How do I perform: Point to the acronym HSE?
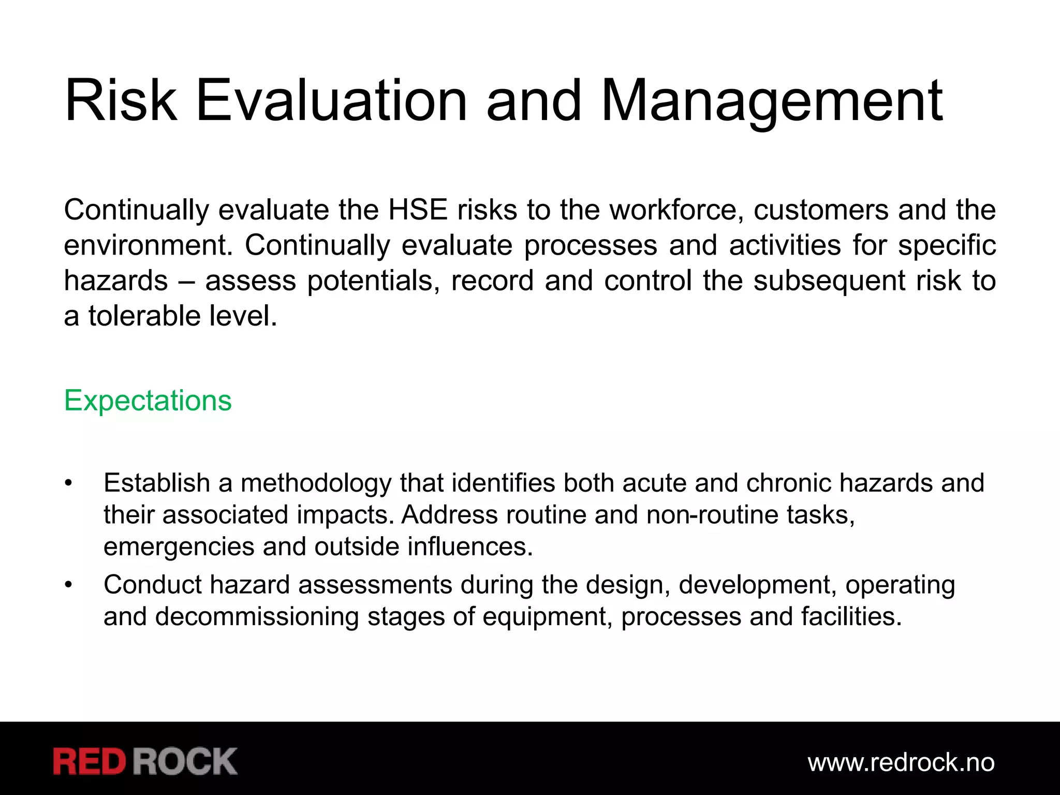click(x=418, y=210)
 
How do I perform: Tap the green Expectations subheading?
click(x=148, y=401)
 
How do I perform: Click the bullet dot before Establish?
click(x=68, y=483)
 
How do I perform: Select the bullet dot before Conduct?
click(x=68, y=585)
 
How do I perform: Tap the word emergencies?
click(x=179, y=547)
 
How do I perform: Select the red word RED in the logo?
click(x=90, y=761)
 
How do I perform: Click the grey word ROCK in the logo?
click(x=185, y=761)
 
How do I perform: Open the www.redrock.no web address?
click(x=901, y=762)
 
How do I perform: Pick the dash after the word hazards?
click(x=186, y=282)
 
